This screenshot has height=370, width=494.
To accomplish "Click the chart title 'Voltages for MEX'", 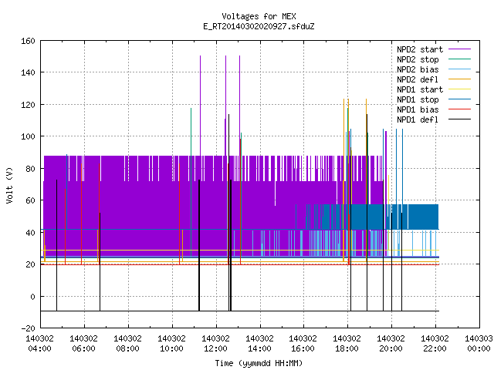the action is pyautogui.click(x=259, y=16).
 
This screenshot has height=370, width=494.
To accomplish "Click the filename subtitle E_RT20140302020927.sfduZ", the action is pyautogui.click(x=259, y=26).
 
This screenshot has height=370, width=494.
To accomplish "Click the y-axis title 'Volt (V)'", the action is pyautogui.click(x=9, y=185).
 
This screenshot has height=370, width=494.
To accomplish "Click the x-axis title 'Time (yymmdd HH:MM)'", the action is pyautogui.click(x=259, y=363).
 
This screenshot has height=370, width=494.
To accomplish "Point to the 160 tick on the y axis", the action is pyautogui.click(x=28, y=41).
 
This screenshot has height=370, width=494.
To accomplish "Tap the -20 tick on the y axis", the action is pyautogui.click(x=28, y=328).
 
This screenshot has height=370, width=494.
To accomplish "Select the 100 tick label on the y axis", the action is pyautogui.click(x=28, y=136).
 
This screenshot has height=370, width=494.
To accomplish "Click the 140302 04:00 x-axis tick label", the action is pyautogui.click(x=39, y=344).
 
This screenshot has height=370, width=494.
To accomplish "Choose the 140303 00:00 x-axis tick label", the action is pyautogui.click(x=479, y=344).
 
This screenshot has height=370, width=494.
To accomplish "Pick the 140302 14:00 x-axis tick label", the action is pyautogui.click(x=259, y=344).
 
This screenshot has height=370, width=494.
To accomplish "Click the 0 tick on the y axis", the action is pyautogui.click(x=32, y=297).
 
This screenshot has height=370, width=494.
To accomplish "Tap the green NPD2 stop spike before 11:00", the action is pyautogui.click(x=191, y=183).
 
